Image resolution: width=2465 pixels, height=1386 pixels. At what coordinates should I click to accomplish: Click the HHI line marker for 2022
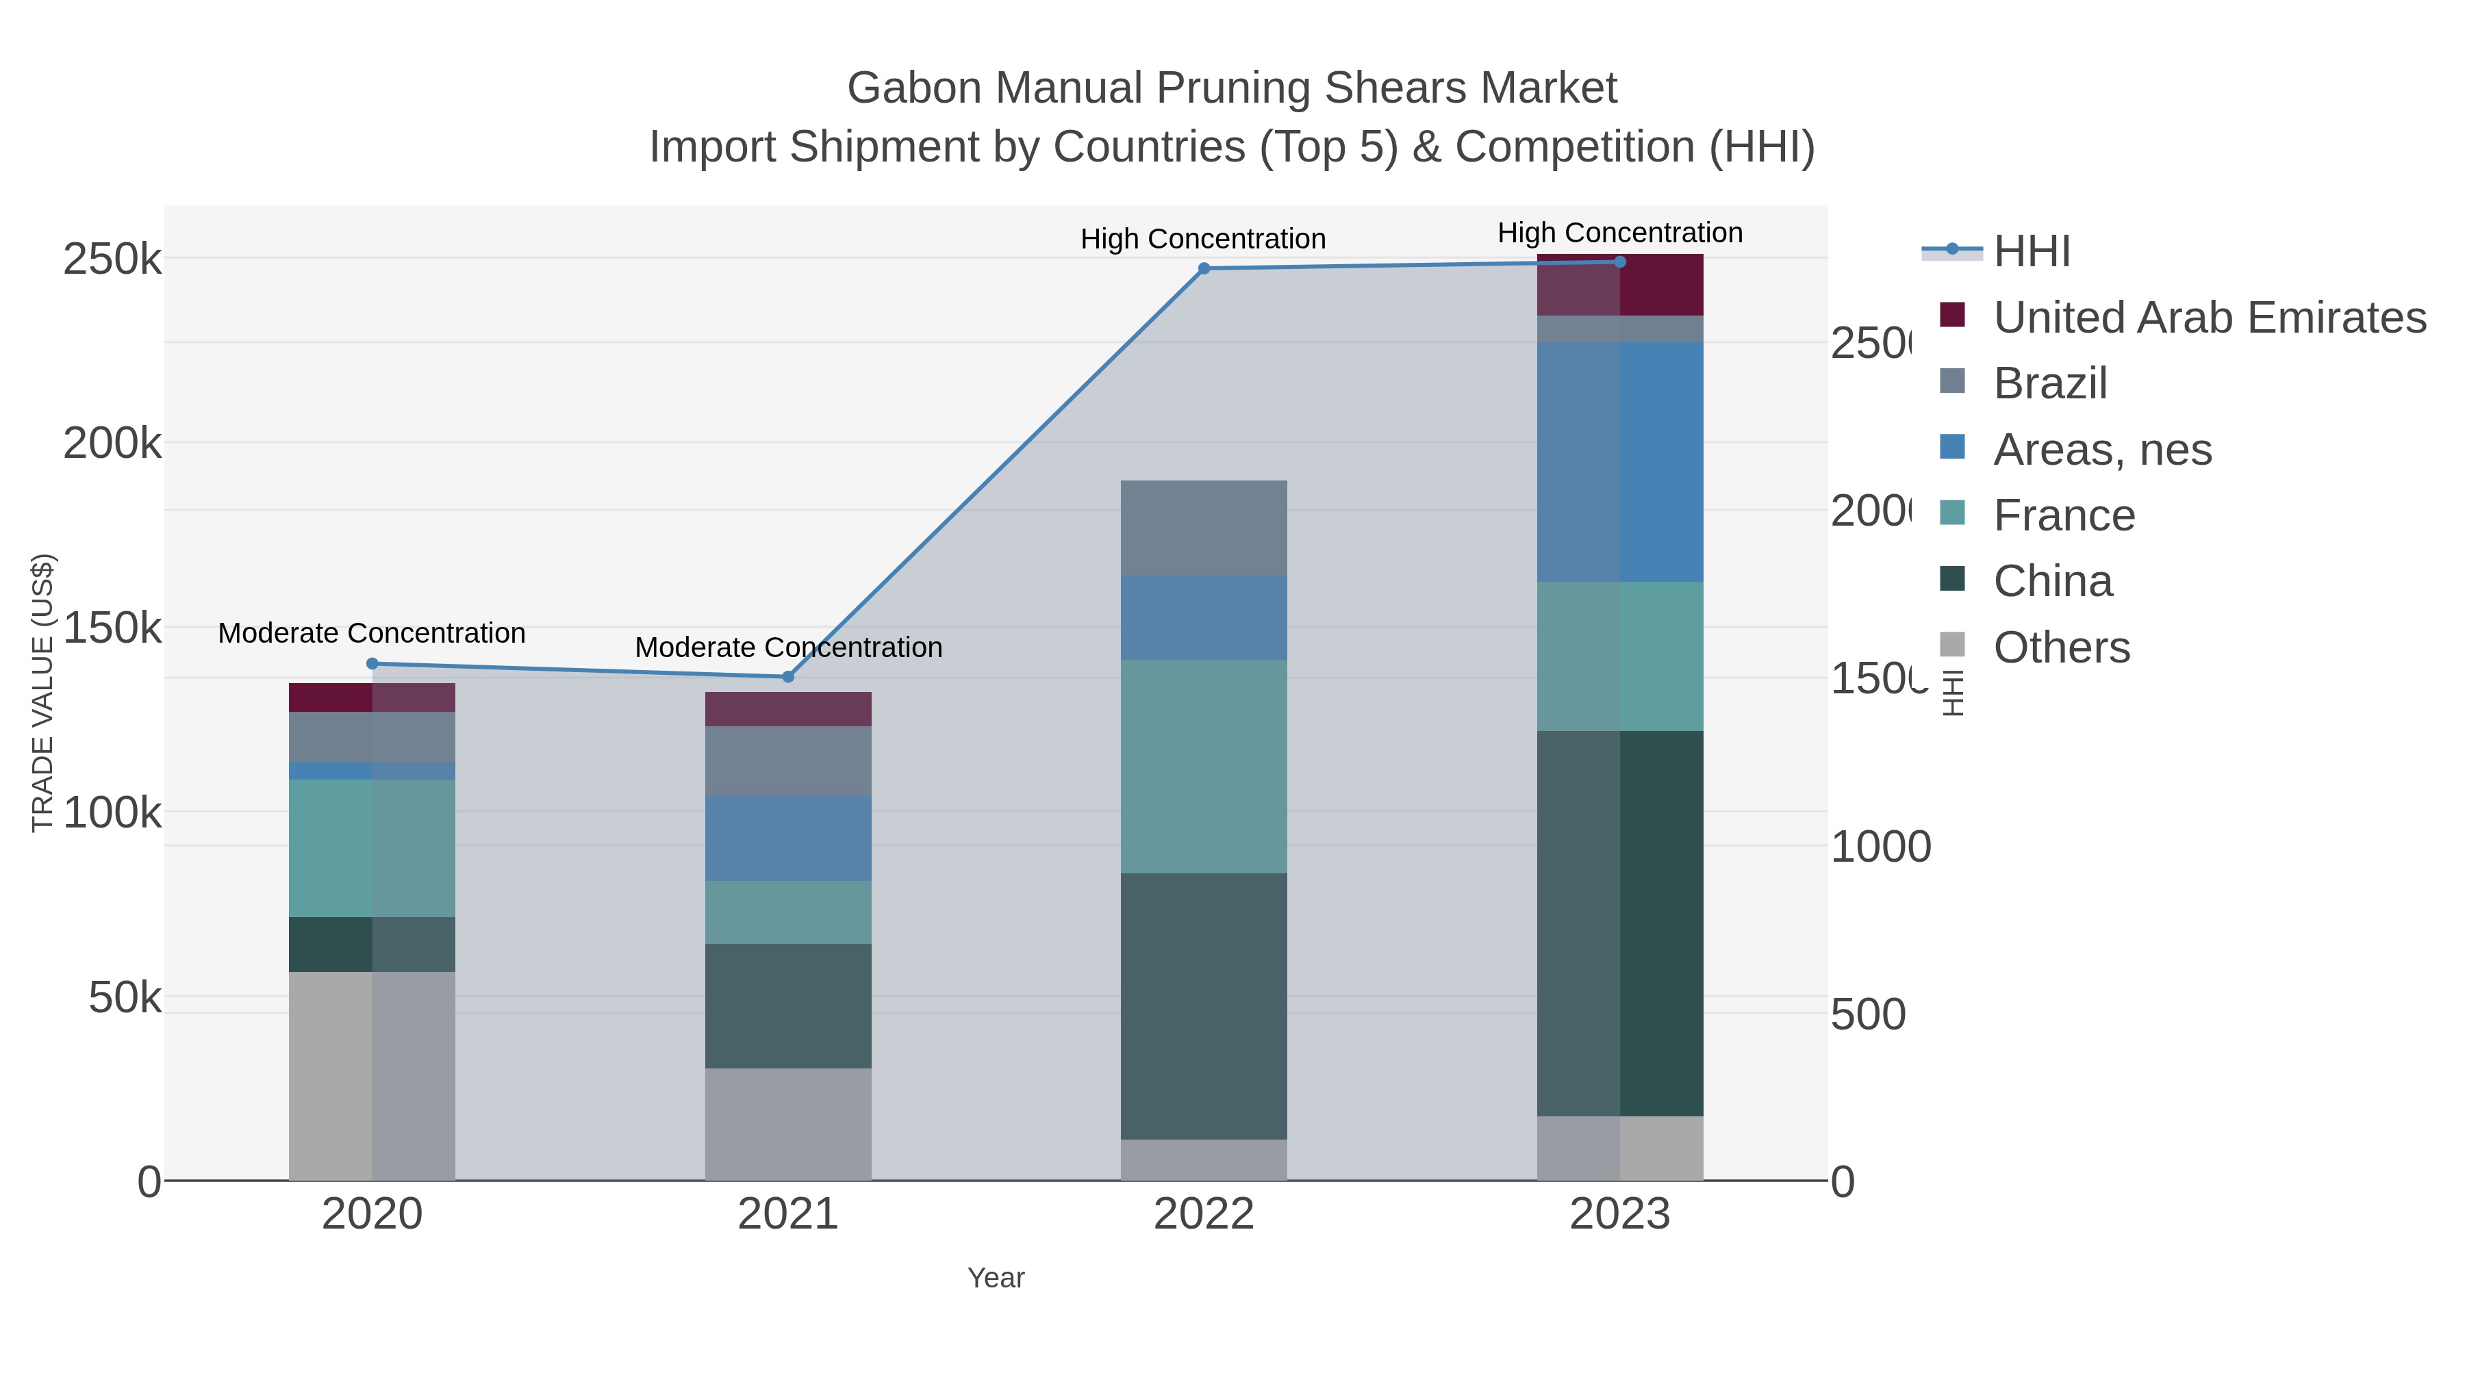click(x=1204, y=269)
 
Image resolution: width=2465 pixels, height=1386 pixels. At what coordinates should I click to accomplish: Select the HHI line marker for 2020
click(x=372, y=664)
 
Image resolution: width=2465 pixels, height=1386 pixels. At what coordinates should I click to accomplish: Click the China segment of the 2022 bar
click(x=1204, y=1006)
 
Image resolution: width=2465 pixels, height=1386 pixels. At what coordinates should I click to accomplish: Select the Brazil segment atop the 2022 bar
click(x=1204, y=528)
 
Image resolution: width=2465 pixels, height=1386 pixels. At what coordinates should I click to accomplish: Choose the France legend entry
click(x=2063, y=515)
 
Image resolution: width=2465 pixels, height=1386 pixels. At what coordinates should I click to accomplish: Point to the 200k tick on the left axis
click(x=112, y=444)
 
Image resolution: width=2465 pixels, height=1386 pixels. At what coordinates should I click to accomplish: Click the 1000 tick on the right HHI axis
click(x=1880, y=847)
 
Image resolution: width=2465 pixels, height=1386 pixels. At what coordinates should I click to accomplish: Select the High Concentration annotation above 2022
click(x=1203, y=239)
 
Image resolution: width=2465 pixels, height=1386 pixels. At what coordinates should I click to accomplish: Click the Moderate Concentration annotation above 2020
click(x=372, y=633)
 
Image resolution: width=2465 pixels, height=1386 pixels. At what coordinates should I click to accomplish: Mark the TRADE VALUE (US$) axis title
click(x=43, y=693)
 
